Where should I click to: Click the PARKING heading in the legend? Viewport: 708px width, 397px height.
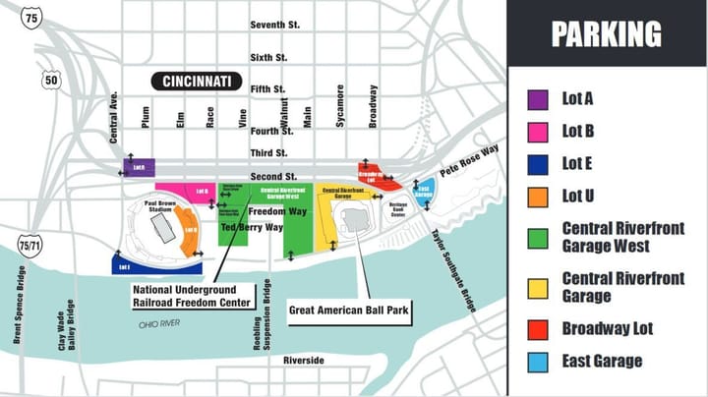click(x=606, y=34)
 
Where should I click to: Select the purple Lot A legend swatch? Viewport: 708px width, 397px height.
click(x=538, y=99)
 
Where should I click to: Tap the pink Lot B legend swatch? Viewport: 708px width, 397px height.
click(x=538, y=132)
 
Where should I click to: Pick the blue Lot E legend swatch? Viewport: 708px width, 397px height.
click(x=538, y=164)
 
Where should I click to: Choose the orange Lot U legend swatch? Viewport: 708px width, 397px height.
click(x=538, y=197)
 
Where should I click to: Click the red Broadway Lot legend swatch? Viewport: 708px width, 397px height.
click(x=538, y=328)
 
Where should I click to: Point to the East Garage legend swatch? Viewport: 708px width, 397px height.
click(x=538, y=361)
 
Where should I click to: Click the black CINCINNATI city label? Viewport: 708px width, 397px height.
click(x=197, y=82)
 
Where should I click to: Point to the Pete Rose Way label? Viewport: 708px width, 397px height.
click(x=470, y=159)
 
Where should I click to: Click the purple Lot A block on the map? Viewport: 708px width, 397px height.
click(x=139, y=166)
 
